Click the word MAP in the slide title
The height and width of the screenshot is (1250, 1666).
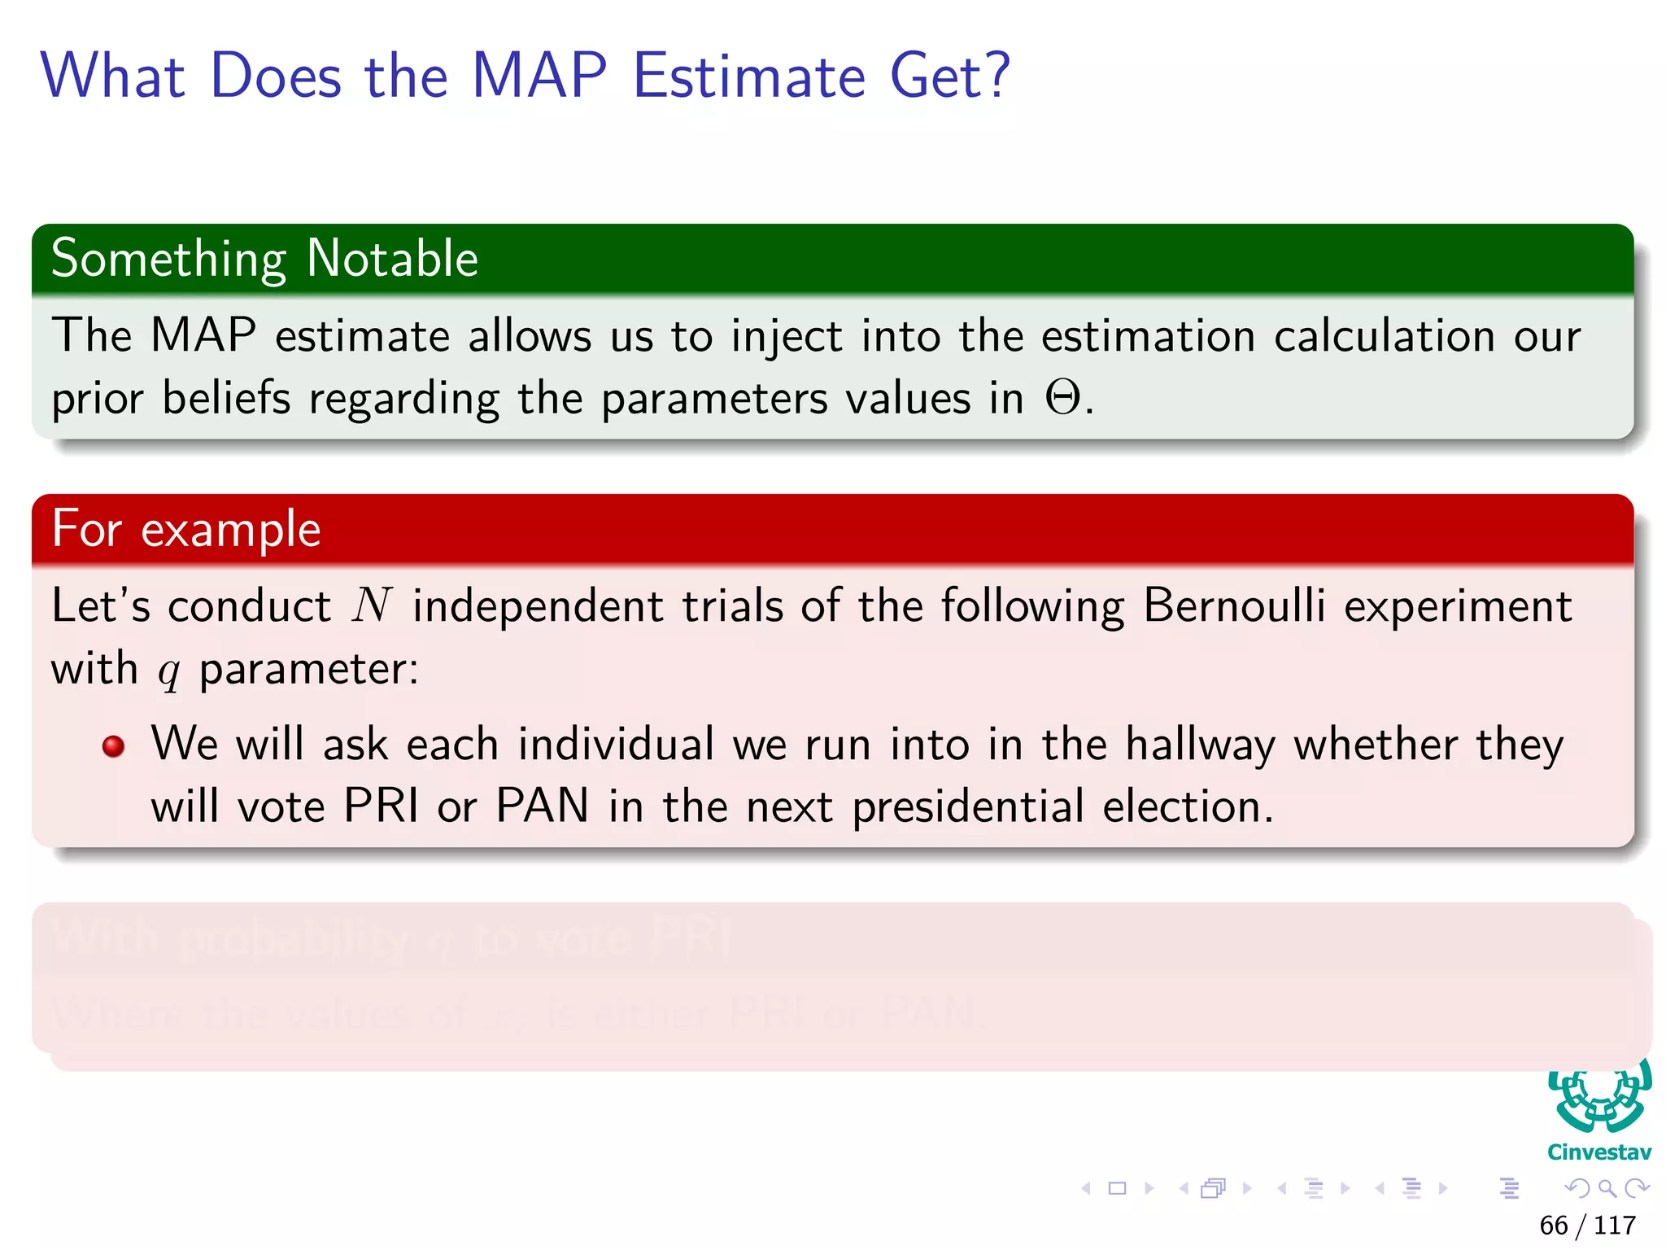539,76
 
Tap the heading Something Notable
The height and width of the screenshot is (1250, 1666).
264,259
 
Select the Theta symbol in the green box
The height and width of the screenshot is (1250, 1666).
1062,399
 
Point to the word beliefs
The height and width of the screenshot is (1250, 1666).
226,399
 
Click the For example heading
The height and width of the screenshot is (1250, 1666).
186,529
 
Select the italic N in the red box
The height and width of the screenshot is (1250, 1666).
372,606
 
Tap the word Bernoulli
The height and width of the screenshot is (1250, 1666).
1233,606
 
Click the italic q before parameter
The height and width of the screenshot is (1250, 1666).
168,671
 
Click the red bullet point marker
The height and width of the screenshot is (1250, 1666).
114,746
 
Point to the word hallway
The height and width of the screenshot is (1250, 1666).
1199,745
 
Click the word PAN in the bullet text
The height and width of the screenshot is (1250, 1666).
542,806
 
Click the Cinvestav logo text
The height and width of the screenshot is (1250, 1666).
1598,1152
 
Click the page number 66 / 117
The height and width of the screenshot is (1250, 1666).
1587,1225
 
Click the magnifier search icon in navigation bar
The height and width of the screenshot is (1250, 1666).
1607,1188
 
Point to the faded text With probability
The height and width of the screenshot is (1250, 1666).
228,937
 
